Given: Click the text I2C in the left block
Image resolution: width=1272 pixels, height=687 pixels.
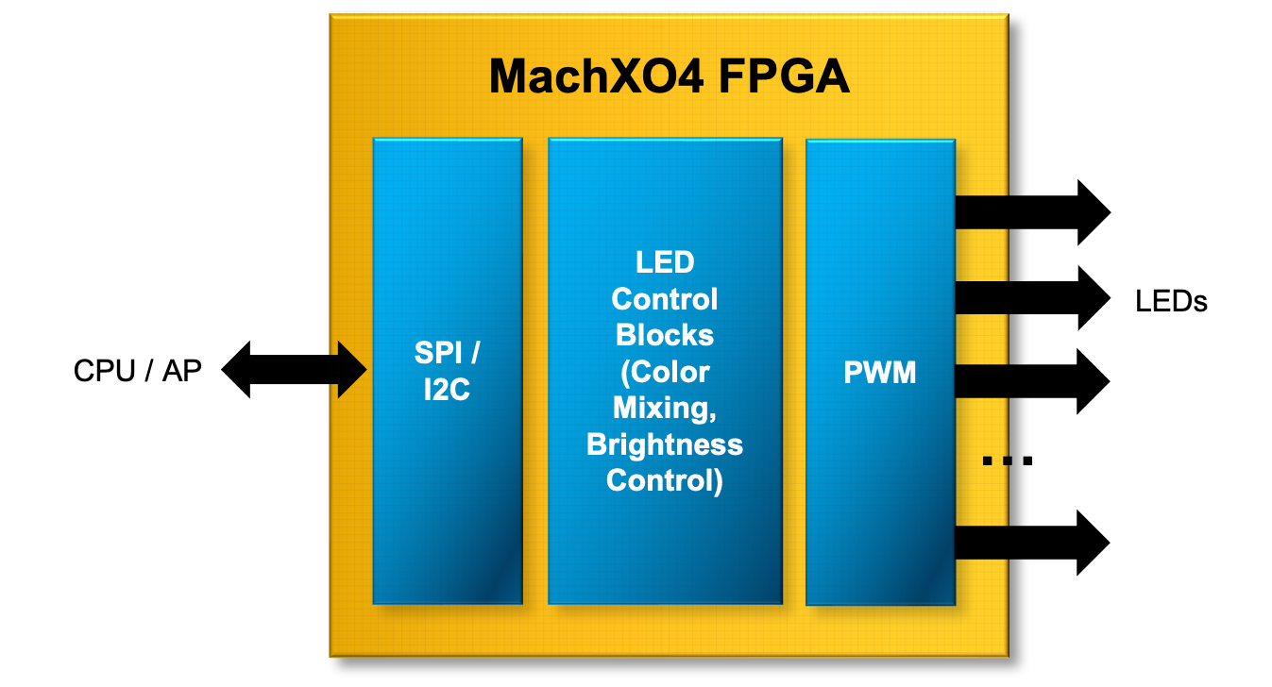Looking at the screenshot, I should pyautogui.click(x=447, y=389).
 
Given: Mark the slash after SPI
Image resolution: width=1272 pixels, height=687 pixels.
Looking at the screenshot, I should pyautogui.click(x=474, y=354).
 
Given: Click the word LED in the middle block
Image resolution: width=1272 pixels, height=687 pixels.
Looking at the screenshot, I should pyautogui.click(x=665, y=262).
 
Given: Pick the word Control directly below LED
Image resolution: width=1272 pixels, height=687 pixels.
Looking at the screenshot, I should pyautogui.click(x=665, y=299).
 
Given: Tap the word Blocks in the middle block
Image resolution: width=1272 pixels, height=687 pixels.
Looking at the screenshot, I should pyautogui.click(x=665, y=335).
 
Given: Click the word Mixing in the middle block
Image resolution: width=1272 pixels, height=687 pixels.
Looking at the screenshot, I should pyautogui.click(x=665, y=408).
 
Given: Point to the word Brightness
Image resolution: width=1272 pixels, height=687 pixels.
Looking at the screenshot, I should pyautogui.click(x=665, y=444).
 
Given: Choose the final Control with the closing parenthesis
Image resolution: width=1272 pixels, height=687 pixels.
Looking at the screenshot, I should pyautogui.click(x=665, y=480).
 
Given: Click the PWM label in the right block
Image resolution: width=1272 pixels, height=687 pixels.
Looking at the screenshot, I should pyautogui.click(x=880, y=372).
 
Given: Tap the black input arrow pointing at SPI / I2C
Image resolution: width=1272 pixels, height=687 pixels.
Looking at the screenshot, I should pyautogui.click(x=348, y=370).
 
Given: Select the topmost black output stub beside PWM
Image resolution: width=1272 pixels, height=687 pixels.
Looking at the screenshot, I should pyautogui.click(x=982, y=211).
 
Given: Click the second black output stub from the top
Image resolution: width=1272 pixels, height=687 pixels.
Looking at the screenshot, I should pyautogui.click(x=982, y=297).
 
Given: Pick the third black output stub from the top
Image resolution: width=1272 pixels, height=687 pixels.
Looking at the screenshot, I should pyautogui.click(x=982, y=380).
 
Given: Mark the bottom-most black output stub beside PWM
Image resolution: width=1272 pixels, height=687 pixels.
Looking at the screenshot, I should pyautogui.click(x=982, y=543).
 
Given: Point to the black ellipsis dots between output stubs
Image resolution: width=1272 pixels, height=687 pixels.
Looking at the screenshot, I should pyautogui.click(x=996, y=461).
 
